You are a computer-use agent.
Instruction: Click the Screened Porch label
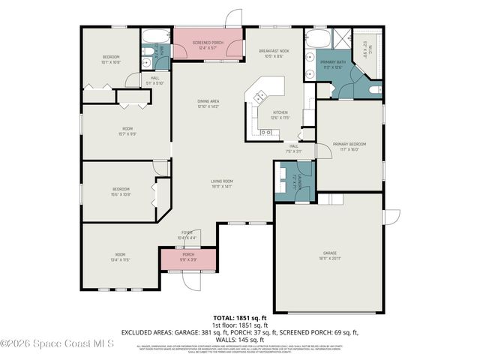(x=207, y=45)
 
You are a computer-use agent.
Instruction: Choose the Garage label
(x=331, y=256)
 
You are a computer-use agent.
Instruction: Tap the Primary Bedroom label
(x=349, y=146)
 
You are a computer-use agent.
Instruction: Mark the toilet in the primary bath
(x=373, y=90)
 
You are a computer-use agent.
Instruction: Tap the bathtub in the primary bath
(x=317, y=38)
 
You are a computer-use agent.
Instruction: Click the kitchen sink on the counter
(x=264, y=133)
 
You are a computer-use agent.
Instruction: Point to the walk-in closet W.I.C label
(x=367, y=46)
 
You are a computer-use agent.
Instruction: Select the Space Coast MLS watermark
(x=56, y=343)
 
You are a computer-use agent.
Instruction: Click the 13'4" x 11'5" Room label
(x=121, y=258)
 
